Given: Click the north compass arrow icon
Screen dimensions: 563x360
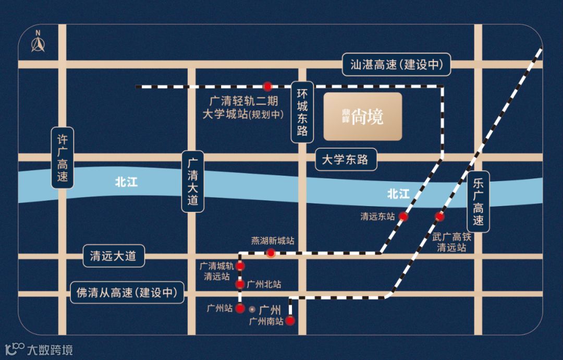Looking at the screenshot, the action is tap(38, 43).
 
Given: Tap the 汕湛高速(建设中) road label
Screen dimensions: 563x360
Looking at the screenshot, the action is tap(397, 65).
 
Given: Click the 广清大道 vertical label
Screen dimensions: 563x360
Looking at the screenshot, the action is tap(193, 182).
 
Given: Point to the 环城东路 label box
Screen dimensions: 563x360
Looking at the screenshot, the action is tap(302, 112).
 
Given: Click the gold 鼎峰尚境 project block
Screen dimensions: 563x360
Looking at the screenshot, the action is tap(363, 117).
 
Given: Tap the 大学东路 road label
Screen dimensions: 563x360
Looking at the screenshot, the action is tap(345, 160).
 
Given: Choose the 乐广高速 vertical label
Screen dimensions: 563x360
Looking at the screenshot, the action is tap(478, 201).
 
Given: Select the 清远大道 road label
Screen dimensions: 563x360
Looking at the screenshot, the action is tap(113, 256).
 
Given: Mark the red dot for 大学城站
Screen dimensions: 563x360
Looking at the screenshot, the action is tap(267, 86).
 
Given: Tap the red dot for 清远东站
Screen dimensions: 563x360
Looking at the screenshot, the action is tap(403, 216).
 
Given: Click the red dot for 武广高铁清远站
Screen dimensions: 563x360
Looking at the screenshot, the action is tap(440, 216).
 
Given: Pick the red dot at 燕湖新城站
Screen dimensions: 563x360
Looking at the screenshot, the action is tap(271, 253).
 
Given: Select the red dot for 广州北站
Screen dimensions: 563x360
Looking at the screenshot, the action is tap(240, 284).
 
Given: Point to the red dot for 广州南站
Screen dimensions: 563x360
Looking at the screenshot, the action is tap(290, 321).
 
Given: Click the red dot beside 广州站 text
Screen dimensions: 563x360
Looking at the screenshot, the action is tap(240, 308).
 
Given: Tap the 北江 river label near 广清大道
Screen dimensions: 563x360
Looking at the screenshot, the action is tap(126, 183).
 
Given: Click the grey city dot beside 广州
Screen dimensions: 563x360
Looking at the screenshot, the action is tap(252, 308).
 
